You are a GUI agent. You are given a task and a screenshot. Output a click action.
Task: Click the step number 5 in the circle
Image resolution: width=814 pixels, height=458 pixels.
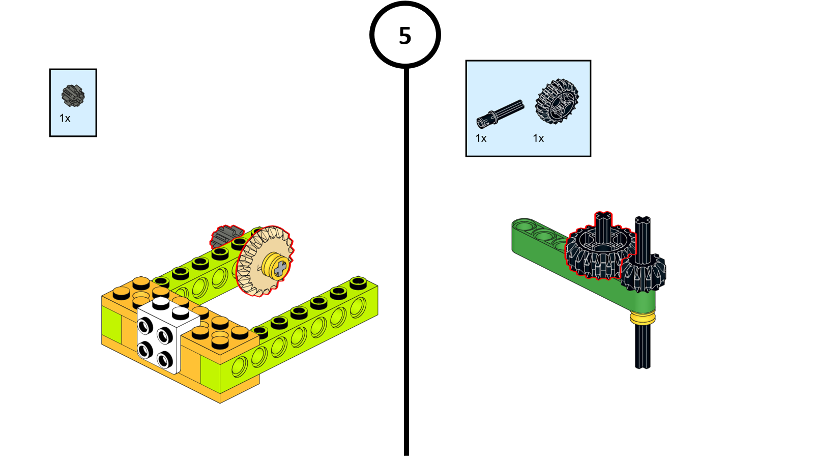pos(405,36)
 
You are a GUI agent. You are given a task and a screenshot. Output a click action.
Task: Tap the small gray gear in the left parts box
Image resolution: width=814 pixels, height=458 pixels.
pos(73,95)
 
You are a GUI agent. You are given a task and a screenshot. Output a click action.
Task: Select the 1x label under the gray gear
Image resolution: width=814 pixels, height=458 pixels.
pos(65,119)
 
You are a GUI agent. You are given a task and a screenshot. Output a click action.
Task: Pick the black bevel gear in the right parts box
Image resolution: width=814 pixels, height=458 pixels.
pos(557,101)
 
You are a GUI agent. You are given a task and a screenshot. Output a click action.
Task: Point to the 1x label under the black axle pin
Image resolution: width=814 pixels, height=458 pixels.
pos(481,138)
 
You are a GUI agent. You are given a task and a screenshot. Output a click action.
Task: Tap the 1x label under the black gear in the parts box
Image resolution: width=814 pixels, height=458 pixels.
pos(538,138)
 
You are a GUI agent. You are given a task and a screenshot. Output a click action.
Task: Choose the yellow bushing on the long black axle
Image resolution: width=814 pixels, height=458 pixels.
pos(643,319)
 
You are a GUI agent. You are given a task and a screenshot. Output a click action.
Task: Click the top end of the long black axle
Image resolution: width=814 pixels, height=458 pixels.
pos(643,220)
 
